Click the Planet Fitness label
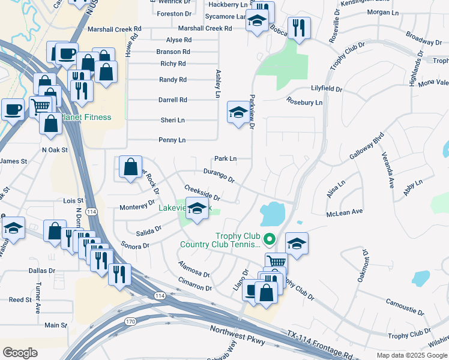click(85, 117)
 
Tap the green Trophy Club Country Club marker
click(270, 239)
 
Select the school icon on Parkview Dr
click(238, 112)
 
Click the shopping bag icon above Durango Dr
click(130, 167)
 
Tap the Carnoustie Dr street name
click(405, 307)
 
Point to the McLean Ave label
click(345, 212)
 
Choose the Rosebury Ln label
click(304, 102)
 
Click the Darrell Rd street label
click(173, 100)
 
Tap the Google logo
click(20, 353)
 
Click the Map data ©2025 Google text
click(411, 355)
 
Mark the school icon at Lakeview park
click(196, 209)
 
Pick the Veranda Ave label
click(387, 170)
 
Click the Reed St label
click(20, 299)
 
